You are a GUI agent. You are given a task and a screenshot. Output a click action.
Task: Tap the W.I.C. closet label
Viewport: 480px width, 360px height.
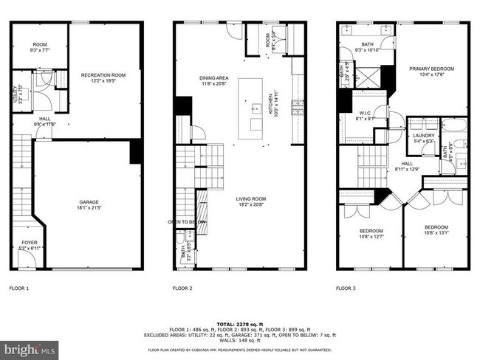click(366, 115)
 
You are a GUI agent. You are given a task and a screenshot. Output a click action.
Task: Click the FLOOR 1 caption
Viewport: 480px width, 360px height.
click(19, 288)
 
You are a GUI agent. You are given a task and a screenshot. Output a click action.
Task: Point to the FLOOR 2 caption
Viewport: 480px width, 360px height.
click(182, 288)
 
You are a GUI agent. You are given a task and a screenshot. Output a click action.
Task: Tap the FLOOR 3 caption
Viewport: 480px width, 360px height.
click(346, 288)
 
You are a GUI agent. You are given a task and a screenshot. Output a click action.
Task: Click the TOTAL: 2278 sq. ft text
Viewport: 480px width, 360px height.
click(240, 324)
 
